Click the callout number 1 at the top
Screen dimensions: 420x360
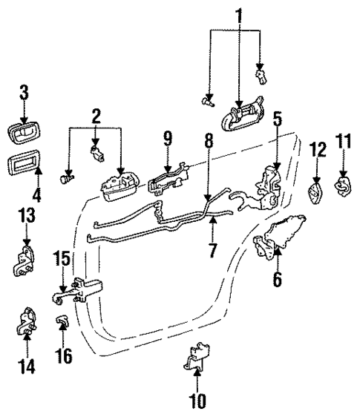pos(239,15)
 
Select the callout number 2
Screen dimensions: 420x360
pos(96,117)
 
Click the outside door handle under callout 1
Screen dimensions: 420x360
pos(240,115)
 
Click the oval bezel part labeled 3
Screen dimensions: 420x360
pos(24,137)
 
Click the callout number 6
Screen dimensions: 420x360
pos(277,280)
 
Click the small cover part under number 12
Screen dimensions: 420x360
pos(316,195)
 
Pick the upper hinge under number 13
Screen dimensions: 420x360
pos(24,262)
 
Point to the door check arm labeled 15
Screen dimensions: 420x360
pos(78,295)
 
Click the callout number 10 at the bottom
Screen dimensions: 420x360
pos(197,401)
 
